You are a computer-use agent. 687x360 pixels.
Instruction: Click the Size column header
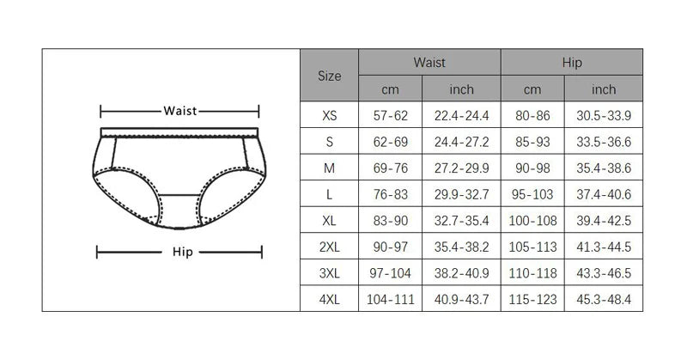[329, 76]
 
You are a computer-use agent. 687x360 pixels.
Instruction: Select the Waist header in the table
[429, 62]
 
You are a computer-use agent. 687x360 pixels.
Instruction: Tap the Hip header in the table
[572, 63]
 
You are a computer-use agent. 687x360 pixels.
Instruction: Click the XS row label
[329, 115]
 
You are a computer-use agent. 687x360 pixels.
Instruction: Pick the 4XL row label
[329, 299]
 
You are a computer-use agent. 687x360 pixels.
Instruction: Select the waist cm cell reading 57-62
[391, 115]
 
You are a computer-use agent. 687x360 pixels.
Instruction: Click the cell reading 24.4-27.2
[461, 142]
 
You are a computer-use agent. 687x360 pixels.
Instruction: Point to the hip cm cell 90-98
[532, 168]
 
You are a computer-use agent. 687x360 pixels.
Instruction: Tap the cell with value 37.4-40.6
[604, 194]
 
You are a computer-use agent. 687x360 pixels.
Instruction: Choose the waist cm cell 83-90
[391, 221]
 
